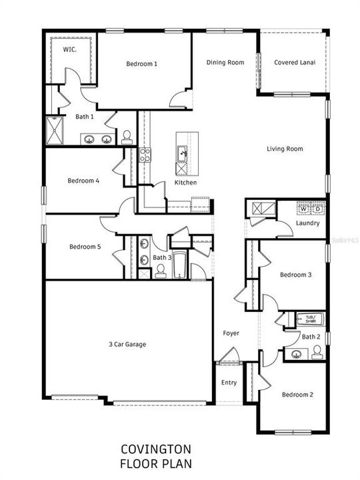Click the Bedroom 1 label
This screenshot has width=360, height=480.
[141, 64]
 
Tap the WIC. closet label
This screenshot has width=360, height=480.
[69, 49]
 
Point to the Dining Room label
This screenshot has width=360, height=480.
[225, 63]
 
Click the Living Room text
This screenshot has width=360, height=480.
[285, 149]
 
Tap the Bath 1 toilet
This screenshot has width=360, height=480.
[127, 137]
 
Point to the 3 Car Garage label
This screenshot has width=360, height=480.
[127, 345]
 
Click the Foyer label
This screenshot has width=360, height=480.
[231, 333]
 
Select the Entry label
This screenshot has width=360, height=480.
[229, 383]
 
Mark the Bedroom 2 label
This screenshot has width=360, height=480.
[297, 395]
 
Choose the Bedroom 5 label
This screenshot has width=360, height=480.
[85, 247]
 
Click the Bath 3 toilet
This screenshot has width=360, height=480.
[160, 271]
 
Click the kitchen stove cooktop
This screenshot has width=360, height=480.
[145, 156]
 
